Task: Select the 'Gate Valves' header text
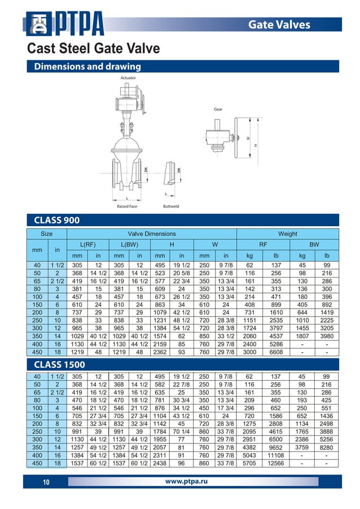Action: click(x=287, y=24)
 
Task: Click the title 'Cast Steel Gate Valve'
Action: click(x=94, y=49)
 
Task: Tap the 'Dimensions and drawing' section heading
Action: click(x=87, y=67)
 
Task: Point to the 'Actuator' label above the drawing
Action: click(x=128, y=77)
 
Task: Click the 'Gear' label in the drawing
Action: click(x=218, y=108)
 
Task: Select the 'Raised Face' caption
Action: click(x=127, y=207)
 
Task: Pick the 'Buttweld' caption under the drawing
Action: click(x=171, y=207)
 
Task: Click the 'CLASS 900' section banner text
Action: click(x=57, y=220)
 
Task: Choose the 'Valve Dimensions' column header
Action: click(x=152, y=234)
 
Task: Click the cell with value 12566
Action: click(x=276, y=464)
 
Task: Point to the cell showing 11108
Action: click(x=276, y=455)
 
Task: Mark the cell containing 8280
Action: click(x=326, y=446)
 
